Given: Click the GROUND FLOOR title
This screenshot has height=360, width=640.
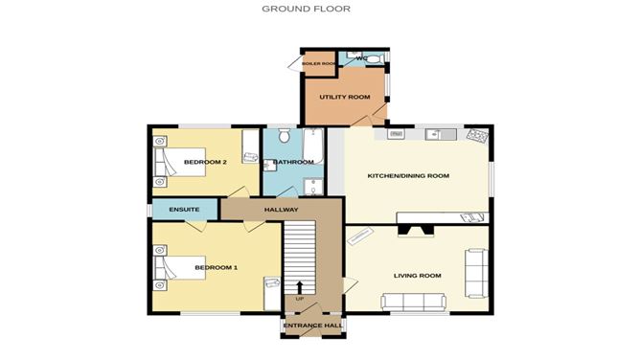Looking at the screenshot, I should (307, 9).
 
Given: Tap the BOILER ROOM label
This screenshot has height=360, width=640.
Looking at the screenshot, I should (319, 64).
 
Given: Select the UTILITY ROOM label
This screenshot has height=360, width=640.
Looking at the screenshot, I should (344, 98).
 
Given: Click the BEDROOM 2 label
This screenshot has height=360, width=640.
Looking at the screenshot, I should (205, 162).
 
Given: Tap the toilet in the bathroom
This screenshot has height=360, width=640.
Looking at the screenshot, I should (283, 139).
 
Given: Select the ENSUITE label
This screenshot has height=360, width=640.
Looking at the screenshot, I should (183, 210).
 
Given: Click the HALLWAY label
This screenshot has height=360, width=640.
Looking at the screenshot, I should (282, 210).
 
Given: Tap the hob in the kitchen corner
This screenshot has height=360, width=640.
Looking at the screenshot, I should (475, 136).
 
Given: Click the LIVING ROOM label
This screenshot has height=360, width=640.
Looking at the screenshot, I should (417, 276).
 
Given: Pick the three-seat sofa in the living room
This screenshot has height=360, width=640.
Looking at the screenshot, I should (413, 302).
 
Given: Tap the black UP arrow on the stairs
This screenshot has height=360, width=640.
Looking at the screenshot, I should (300, 285).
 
